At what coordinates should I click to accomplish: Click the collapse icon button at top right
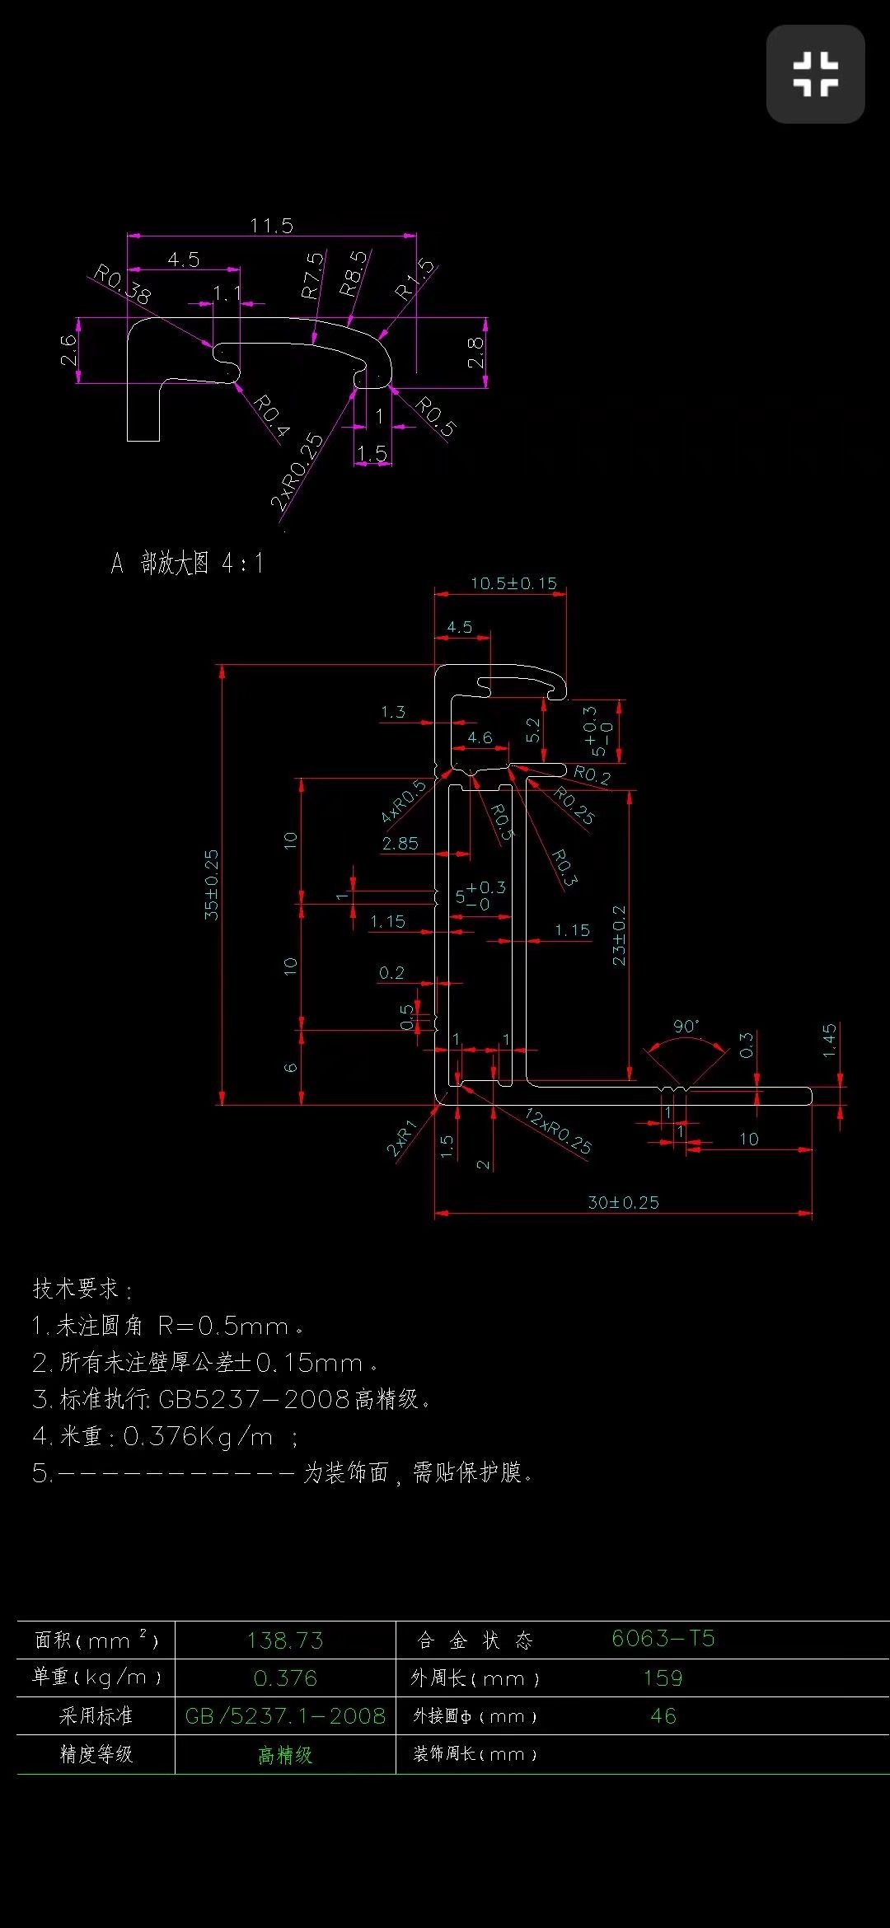tap(815, 74)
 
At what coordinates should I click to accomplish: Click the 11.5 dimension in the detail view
tap(271, 226)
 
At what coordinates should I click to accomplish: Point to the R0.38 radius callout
tap(122, 284)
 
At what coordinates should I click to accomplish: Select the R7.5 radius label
tap(312, 275)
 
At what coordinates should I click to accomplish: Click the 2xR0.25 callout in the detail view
tap(297, 471)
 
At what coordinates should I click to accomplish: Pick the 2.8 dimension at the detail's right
tap(476, 353)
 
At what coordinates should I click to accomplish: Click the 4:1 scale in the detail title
tap(242, 564)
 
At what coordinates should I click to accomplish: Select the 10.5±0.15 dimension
tap(513, 583)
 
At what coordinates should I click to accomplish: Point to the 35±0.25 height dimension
tap(212, 885)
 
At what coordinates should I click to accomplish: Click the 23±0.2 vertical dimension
tap(619, 935)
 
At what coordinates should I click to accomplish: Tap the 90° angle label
tap(686, 1026)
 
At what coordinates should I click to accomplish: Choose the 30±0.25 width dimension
tap(623, 1202)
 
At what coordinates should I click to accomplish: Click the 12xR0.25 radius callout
tap(559, 1131)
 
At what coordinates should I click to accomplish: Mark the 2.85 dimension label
tap(400, 843)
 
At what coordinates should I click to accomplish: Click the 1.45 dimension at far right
tap(830, 1041)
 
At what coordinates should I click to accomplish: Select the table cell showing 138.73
tap(285, 1640)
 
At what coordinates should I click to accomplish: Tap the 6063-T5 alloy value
tap(663, 1639)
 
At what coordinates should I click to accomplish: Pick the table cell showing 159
tap(663, 1678)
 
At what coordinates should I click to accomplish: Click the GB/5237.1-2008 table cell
tap(285, 1715)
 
